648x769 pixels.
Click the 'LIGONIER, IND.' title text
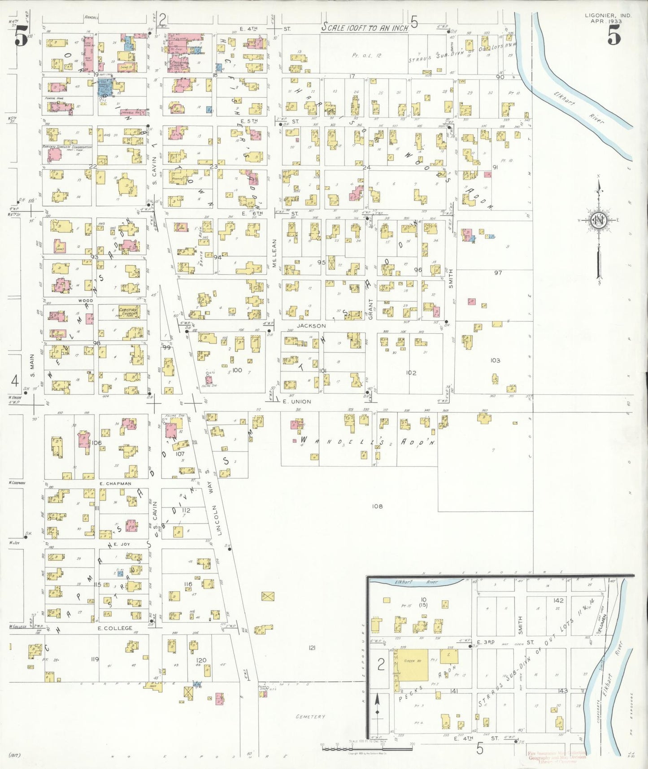[x=608, y=15]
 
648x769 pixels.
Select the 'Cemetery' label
[x=310, y=717]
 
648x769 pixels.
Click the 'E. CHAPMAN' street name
[x=115, y=483]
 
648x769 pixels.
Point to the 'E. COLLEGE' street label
[x=115, y=628]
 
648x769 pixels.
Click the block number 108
[x=377, y=506]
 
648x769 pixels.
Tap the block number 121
[x=312, y=647]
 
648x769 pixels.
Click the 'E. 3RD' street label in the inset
[x=485, y=642]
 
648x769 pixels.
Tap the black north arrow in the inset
[x=377, y=711]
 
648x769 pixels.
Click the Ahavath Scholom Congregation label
[x=67, y=147]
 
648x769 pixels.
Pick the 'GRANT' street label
[x=371, y=309]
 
